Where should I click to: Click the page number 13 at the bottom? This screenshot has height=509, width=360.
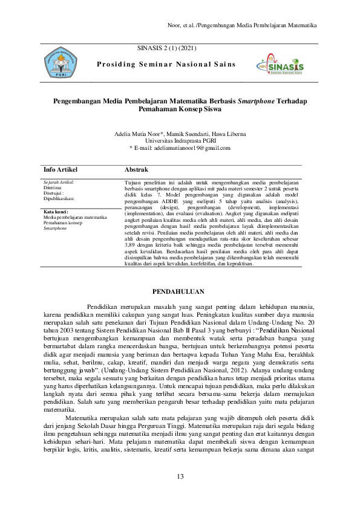click(x=180, y=477)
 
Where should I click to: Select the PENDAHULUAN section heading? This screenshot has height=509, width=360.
click(x=180, y=290)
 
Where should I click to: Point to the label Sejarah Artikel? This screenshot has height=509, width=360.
click(x=59, y=181)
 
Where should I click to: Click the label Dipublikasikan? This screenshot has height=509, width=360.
click(x=59, y=198)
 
